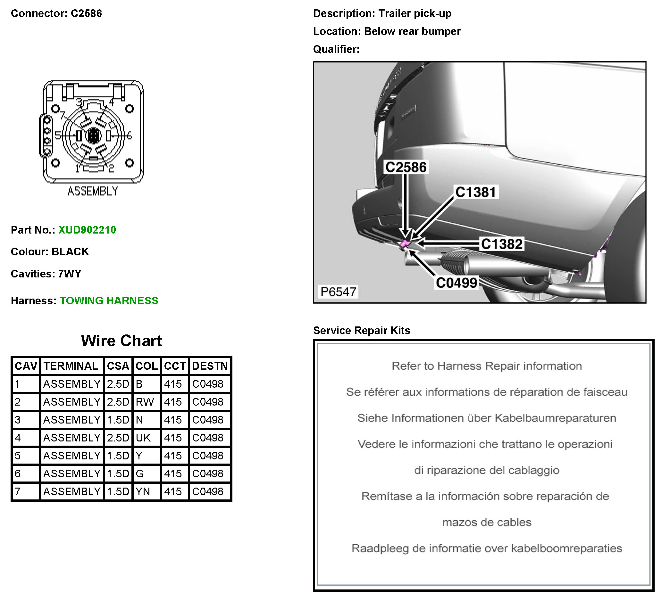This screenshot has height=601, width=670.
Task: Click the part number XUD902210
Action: (87, 230)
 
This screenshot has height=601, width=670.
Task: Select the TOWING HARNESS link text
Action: (109, 300)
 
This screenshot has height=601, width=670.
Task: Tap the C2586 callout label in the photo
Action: (406, 167)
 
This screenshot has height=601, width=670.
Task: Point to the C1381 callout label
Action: (475, 192)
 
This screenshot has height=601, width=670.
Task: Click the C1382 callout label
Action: (501, 244)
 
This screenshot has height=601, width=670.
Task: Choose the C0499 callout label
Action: (456, 283)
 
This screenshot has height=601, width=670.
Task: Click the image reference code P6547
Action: (338, 292)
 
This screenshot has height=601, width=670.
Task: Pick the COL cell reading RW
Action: (145, 402)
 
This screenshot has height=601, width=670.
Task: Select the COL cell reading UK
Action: (143, 438)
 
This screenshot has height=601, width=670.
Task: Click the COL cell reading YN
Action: (143, 491)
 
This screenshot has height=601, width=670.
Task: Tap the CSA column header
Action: (118, 366)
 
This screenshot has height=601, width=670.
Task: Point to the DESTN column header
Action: (210, 366)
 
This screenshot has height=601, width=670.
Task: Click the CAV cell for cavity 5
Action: (18, 456)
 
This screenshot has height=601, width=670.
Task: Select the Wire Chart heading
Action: (121, 341)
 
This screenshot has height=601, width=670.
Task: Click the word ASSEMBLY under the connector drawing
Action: (93, 191)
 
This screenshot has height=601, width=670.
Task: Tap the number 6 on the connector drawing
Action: (129, 136)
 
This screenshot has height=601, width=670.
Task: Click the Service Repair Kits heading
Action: (361, 330)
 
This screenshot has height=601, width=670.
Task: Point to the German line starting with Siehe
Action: (486, 418)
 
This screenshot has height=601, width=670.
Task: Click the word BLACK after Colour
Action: (70, 251)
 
